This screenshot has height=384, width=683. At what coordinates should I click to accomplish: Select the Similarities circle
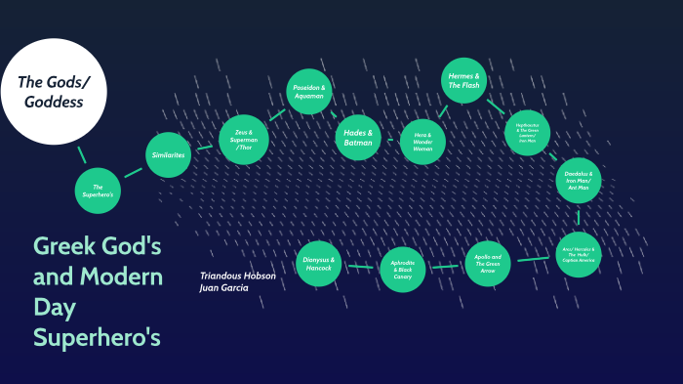167,155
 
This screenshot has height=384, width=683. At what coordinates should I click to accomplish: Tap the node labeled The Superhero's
99,191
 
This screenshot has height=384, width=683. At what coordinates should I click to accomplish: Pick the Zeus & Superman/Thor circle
243,138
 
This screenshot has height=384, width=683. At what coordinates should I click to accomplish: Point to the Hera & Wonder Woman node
422,142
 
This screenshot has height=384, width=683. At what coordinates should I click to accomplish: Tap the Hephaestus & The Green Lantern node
528,132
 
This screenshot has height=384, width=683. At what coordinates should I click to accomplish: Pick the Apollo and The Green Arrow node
488,262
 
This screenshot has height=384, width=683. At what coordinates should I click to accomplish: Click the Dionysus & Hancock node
318,264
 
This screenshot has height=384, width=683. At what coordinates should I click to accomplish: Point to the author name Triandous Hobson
238,276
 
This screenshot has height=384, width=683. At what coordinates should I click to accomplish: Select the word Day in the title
54,309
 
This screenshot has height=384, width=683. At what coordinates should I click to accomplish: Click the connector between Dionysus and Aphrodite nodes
360,266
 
